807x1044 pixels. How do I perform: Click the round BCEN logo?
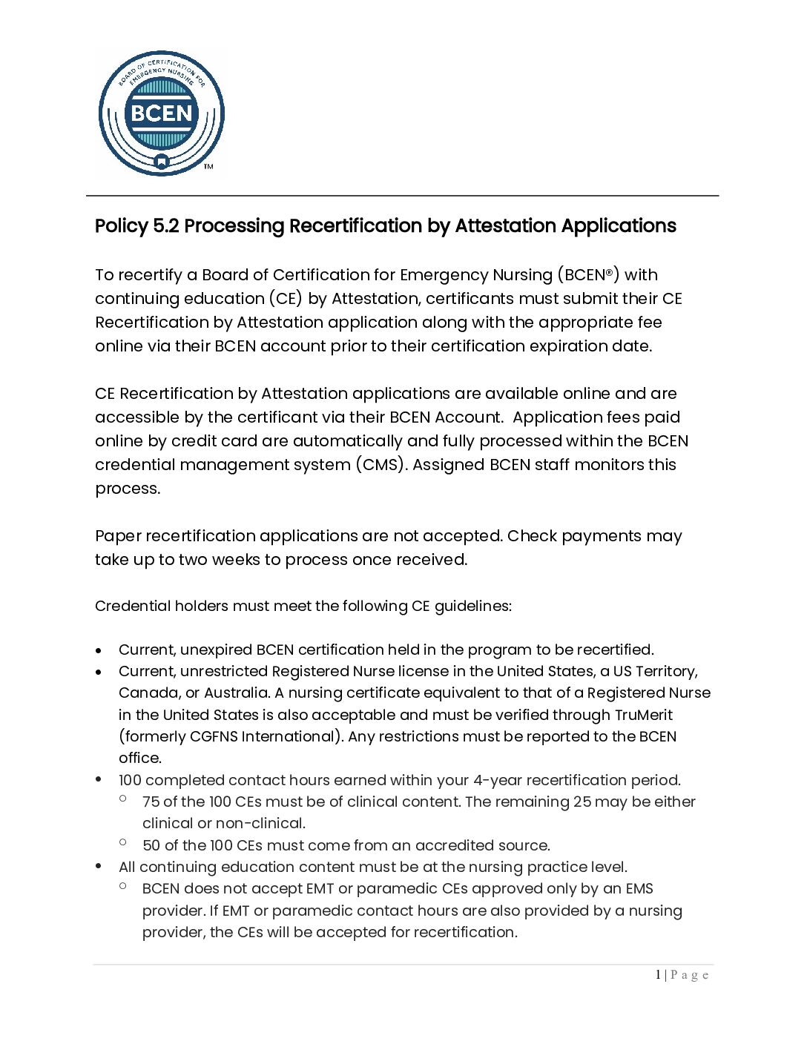(x=161, y=113)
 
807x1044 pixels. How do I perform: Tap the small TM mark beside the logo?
(x=208, y=167)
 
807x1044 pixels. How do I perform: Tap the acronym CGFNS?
(x=216, y=736)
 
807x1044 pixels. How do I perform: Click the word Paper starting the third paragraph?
(x=118, y=536)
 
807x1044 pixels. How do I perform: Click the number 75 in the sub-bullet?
(x=151, y=802)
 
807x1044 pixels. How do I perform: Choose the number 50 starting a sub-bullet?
(x=151, y=845)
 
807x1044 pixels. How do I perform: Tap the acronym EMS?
(x=639, y=888)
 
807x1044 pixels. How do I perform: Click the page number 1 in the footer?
(x=658, y=975)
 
